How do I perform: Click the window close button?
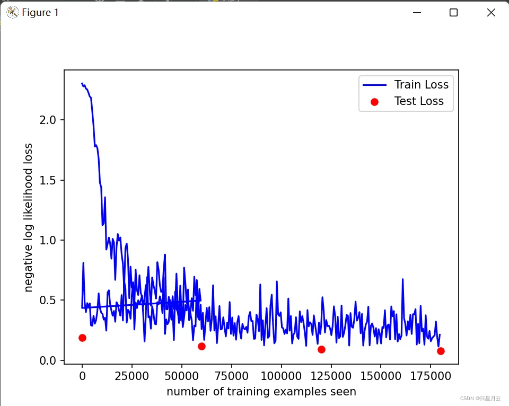click(491, 13)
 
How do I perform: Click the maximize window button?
click(453, 13)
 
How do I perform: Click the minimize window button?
click(417, 13)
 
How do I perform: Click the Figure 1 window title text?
click(40, 13)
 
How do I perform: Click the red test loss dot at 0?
click(82, 338)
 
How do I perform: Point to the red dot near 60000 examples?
click(201, 346)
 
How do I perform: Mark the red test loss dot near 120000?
click(321, 349)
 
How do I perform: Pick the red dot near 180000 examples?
click(441, 351)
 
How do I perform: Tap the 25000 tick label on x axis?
click(131, 376)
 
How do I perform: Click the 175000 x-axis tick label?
click(431, 376)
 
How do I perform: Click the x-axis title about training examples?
click(261, 392)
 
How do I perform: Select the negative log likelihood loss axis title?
click(29, 217)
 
